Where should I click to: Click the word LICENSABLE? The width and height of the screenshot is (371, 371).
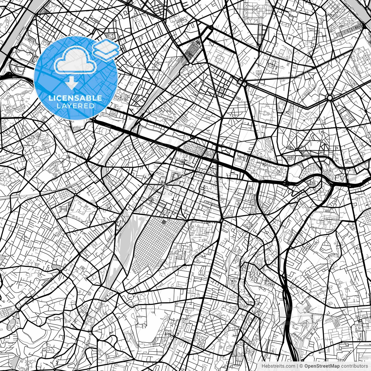click(x=75, y=98)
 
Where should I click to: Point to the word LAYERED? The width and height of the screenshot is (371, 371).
click(x=75, y=106)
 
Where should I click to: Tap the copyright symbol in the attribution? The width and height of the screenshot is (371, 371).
click(x=301, y=366)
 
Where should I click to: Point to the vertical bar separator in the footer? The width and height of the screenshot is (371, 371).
click(x=297, y=366)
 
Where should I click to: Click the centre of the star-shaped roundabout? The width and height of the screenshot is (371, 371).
click(x=330, y=98)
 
